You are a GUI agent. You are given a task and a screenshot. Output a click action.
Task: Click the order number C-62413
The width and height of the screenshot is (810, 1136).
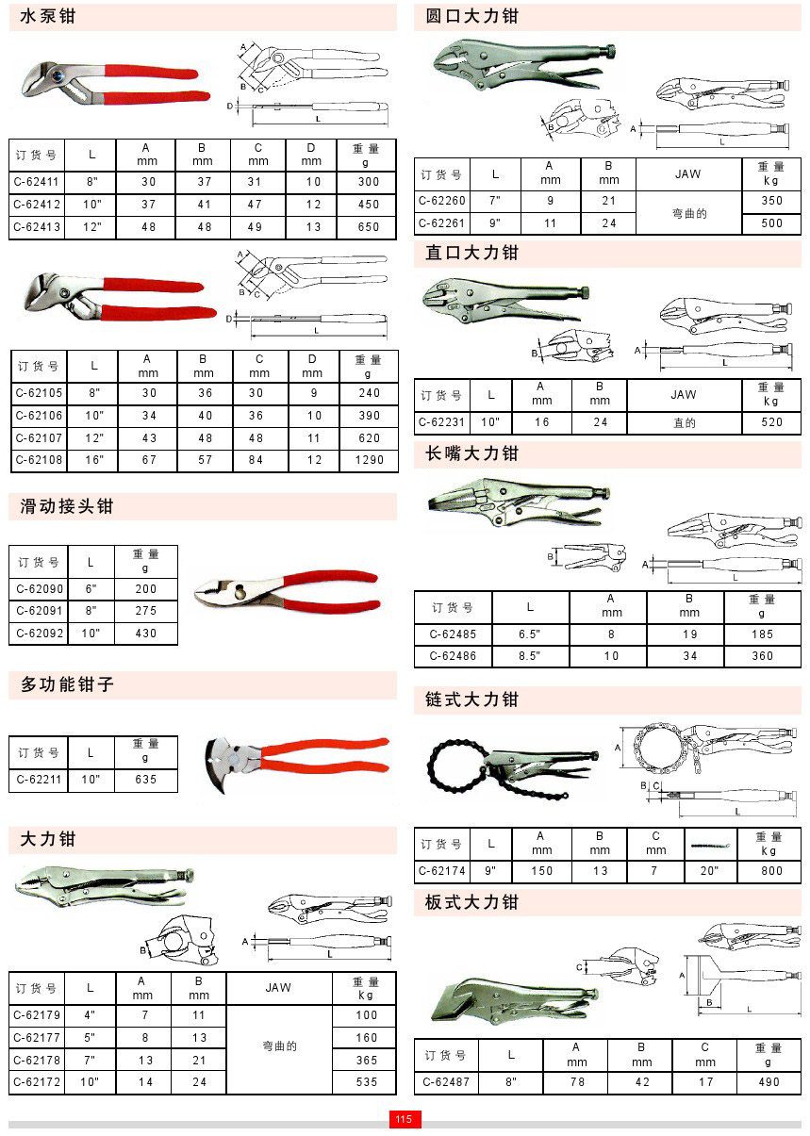point(37,226)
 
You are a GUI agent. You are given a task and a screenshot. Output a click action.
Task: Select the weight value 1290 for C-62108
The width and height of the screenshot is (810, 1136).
point(369,460)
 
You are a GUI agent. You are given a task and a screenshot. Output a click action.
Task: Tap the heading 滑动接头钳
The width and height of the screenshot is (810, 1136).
point(66,506)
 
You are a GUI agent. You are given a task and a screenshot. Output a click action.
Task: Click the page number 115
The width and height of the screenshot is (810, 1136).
point(405,1119)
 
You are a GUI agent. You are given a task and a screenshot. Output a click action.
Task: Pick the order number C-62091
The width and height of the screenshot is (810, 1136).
point(40,611)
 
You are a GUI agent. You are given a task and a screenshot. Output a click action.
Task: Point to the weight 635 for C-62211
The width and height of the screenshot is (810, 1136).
point(145,779)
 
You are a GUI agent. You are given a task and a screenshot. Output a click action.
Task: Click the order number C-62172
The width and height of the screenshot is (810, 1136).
point(37,1081)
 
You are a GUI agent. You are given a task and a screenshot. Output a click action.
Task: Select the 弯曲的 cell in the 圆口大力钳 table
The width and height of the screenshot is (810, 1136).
point(688,213)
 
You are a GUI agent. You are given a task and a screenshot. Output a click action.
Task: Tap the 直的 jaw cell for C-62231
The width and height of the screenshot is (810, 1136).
point(684,422)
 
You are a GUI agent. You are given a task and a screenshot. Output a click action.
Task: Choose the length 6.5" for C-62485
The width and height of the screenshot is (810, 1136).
point(529,634)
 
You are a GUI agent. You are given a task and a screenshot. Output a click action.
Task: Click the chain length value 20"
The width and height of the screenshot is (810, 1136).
point(709,871)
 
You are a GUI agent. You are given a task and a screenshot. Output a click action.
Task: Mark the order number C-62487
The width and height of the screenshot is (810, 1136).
point(446,1081)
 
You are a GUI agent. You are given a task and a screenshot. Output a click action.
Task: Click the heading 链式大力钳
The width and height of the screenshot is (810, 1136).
point(471,700)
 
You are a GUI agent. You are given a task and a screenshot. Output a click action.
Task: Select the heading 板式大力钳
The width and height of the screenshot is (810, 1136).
point(471,902)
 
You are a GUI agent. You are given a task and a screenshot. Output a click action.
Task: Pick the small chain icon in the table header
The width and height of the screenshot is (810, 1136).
point(710,846)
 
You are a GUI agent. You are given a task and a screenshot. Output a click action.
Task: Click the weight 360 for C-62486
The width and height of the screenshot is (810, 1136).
point(762,656)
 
